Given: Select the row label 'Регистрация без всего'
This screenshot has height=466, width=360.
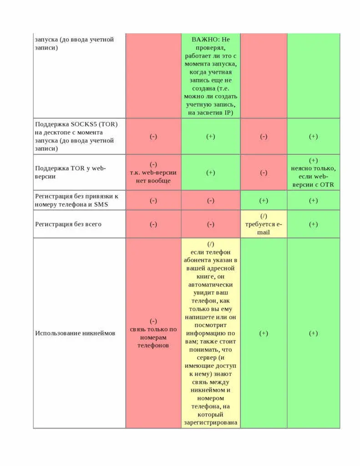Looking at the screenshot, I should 68,224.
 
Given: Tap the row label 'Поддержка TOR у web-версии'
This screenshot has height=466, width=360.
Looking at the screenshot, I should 70,172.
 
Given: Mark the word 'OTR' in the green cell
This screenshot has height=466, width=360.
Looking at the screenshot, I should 327,184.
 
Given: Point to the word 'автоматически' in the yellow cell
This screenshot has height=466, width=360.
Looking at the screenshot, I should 211,284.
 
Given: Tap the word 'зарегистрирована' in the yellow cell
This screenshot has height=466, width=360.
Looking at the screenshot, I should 211,423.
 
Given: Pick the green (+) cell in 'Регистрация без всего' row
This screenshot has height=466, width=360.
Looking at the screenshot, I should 313,224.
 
